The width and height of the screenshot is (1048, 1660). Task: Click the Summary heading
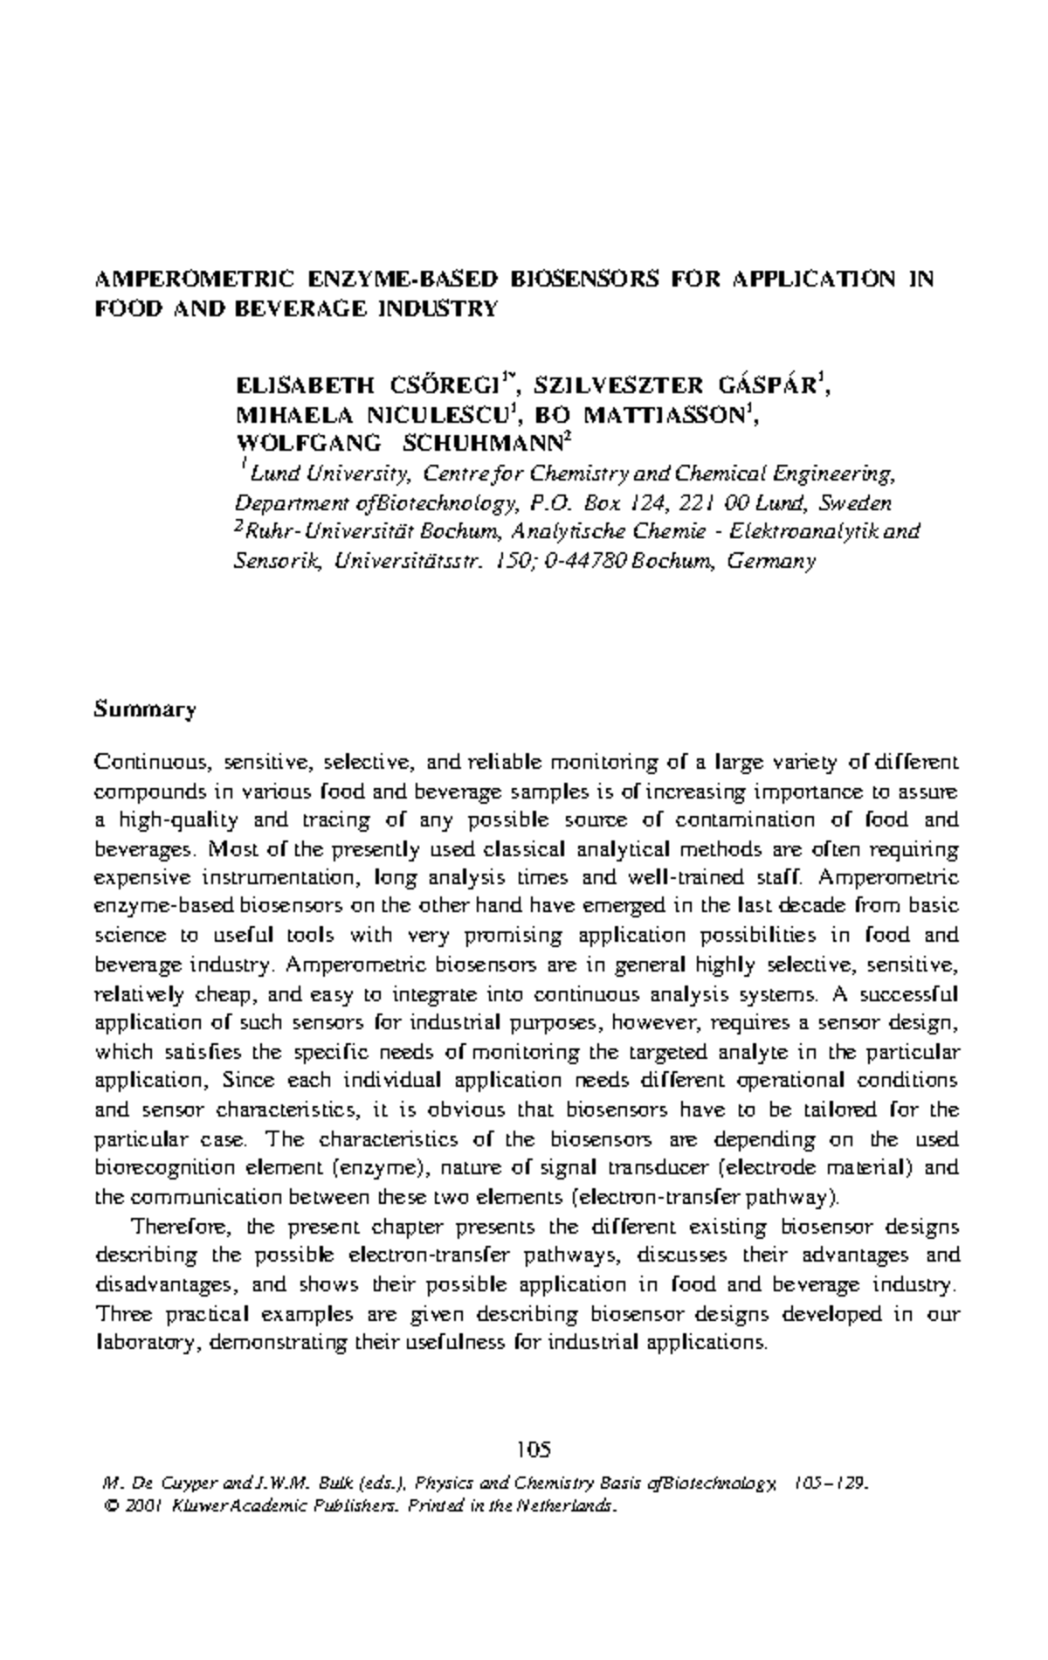pos(145,709)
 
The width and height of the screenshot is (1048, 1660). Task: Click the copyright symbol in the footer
pos(109,1507)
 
